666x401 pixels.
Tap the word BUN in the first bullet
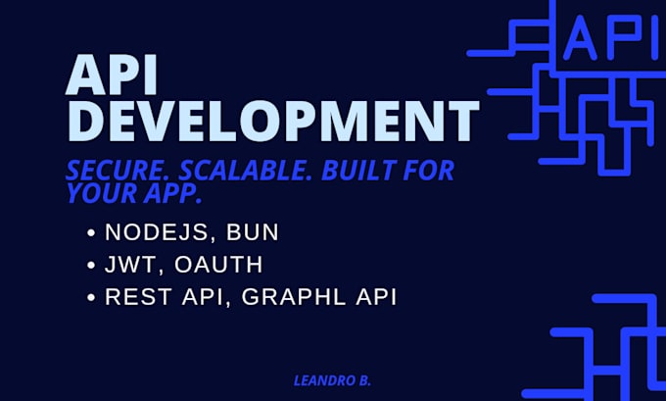point(250,233)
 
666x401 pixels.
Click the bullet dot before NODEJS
point(91,234)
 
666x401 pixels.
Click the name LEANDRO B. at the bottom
point(332,380)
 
